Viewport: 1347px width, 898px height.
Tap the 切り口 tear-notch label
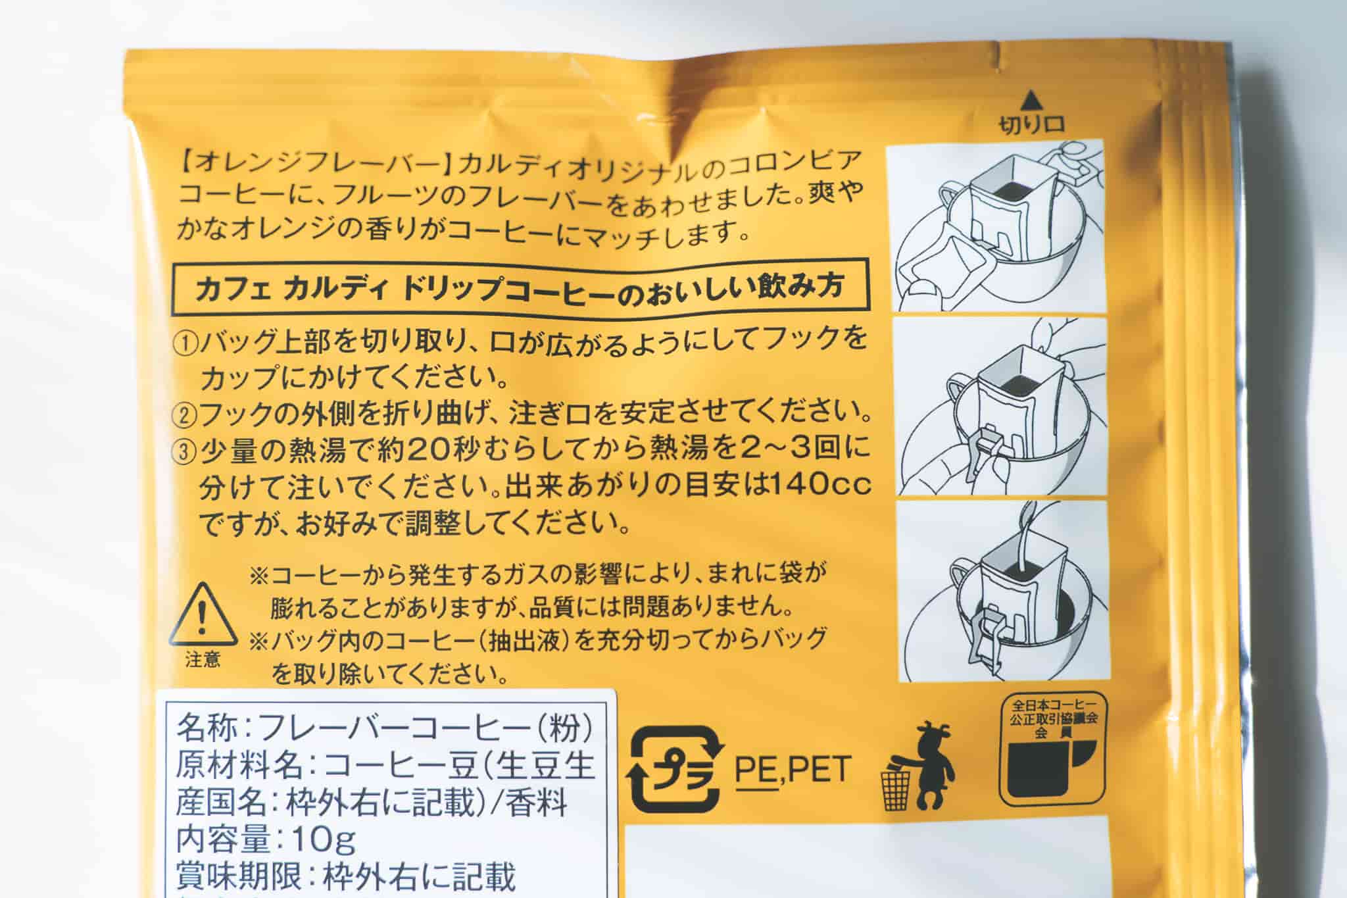pyautogui.click(x=1031, y=125)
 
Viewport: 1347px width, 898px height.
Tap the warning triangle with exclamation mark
pyautogui.click(x=203, y=616)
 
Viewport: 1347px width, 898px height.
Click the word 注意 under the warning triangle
pyautogui.click(x=203, y=659)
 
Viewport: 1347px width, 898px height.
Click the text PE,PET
pyautogui.click(x=793, y=770)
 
